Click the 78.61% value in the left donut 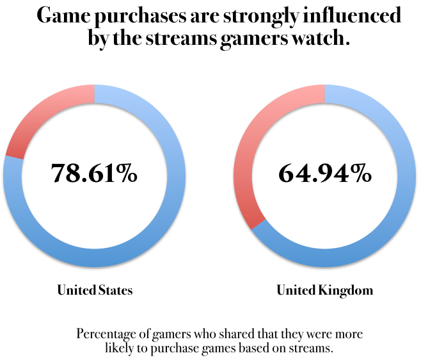pos(94,173)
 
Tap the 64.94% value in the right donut pos(324,173)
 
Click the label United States pos(95,290)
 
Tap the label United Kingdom pos(324,290)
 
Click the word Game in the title pos(61,16)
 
